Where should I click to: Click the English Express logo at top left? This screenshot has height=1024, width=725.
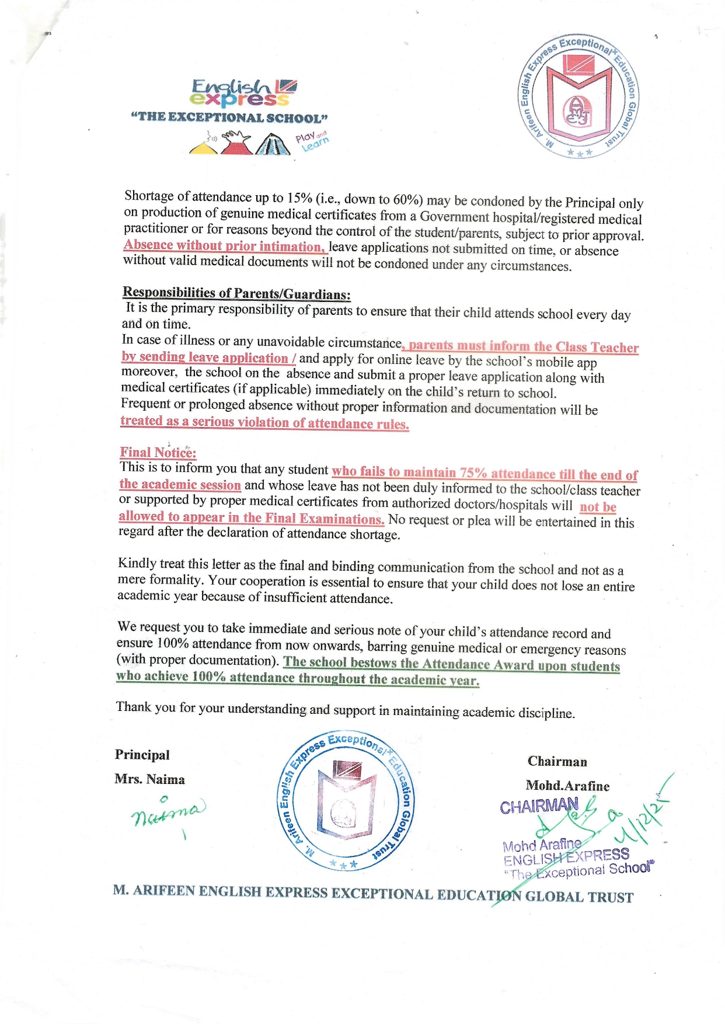click(x=244, y=93)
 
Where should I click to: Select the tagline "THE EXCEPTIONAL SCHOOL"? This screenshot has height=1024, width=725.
click(x=229, y=117)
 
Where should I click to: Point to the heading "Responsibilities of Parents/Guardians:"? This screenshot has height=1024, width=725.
click(x=236, y=293)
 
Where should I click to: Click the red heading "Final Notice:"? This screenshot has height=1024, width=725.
click(x=158, y=453)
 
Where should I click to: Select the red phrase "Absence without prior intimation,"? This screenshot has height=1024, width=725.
click(x=224, y=246)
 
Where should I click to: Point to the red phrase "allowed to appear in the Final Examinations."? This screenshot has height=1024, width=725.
click(x=251, y=518)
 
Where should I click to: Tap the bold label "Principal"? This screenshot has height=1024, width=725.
click(x=142, y=755)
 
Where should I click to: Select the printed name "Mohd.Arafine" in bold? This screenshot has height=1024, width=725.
click(x=567, y=786)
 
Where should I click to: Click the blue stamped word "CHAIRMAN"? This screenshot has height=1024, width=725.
click(x=539, y=807)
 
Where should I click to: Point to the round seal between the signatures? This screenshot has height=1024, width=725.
click(x=344, y=801)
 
